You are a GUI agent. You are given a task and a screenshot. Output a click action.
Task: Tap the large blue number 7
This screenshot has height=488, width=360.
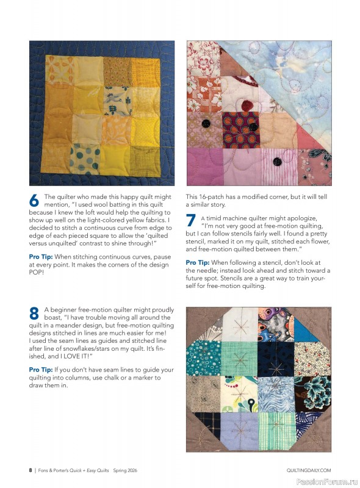191,221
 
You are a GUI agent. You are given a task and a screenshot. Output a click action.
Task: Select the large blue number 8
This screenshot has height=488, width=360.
35,314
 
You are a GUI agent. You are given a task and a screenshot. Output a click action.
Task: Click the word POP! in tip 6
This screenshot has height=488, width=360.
38,272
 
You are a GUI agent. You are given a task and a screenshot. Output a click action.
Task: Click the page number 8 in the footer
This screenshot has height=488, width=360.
30,470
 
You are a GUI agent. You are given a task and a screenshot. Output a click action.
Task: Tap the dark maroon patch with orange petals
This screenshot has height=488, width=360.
239,129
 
